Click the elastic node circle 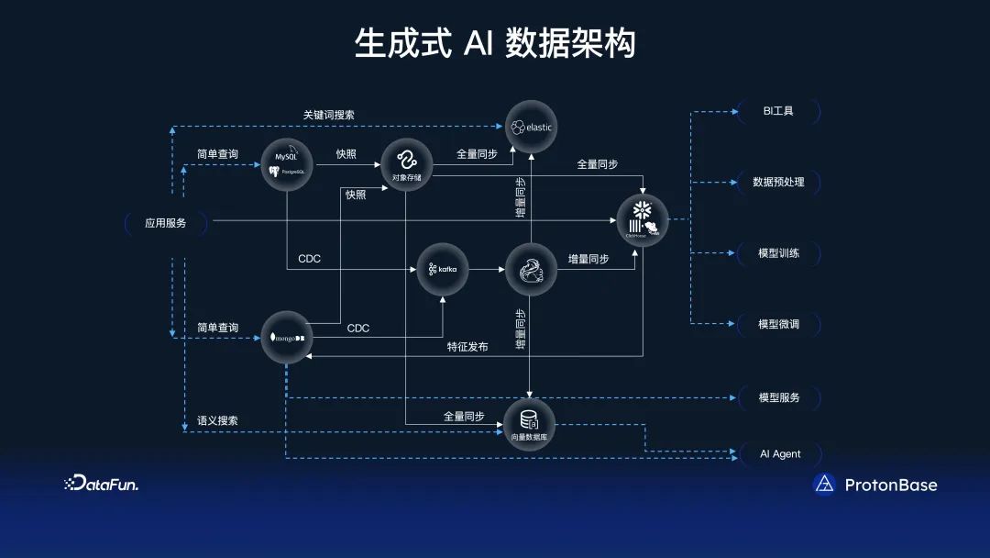point(532,126)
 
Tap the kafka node point(443,269)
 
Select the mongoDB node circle point(287,338)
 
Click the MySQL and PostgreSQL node point(287,163)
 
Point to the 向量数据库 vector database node point(530,424)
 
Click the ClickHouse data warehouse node point(643,221)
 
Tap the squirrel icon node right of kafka point(532,269)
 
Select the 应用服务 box point(166,222)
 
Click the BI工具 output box point(778,111)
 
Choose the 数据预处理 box point(778,182)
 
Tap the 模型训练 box point(778,252)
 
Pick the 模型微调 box point(778,324)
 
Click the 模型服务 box point(778,397)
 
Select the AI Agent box point(780,453)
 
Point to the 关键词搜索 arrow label point(329,115)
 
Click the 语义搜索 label point(217,420)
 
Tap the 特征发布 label point(467,347)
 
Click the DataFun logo point(101,484)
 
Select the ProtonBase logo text point(890,485)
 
